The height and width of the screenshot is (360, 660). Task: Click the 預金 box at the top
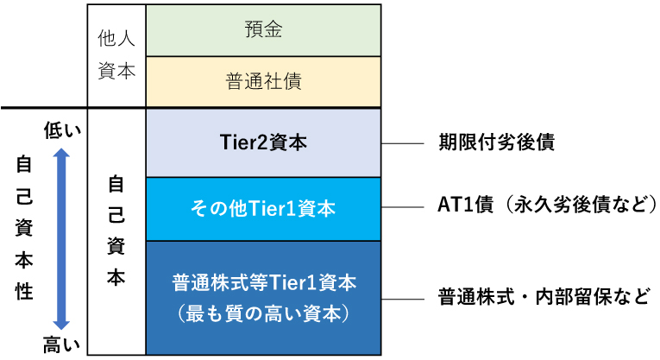(x=263, y=30)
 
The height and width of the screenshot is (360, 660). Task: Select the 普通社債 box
(x=263, y=81)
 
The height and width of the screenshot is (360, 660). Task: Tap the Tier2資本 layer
(x=263, y=142)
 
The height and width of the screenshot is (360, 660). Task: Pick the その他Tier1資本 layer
(x=263, y=208)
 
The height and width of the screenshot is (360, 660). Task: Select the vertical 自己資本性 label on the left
(x=24, y=228)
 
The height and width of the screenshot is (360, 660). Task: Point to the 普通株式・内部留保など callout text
(x=544, y=297)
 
